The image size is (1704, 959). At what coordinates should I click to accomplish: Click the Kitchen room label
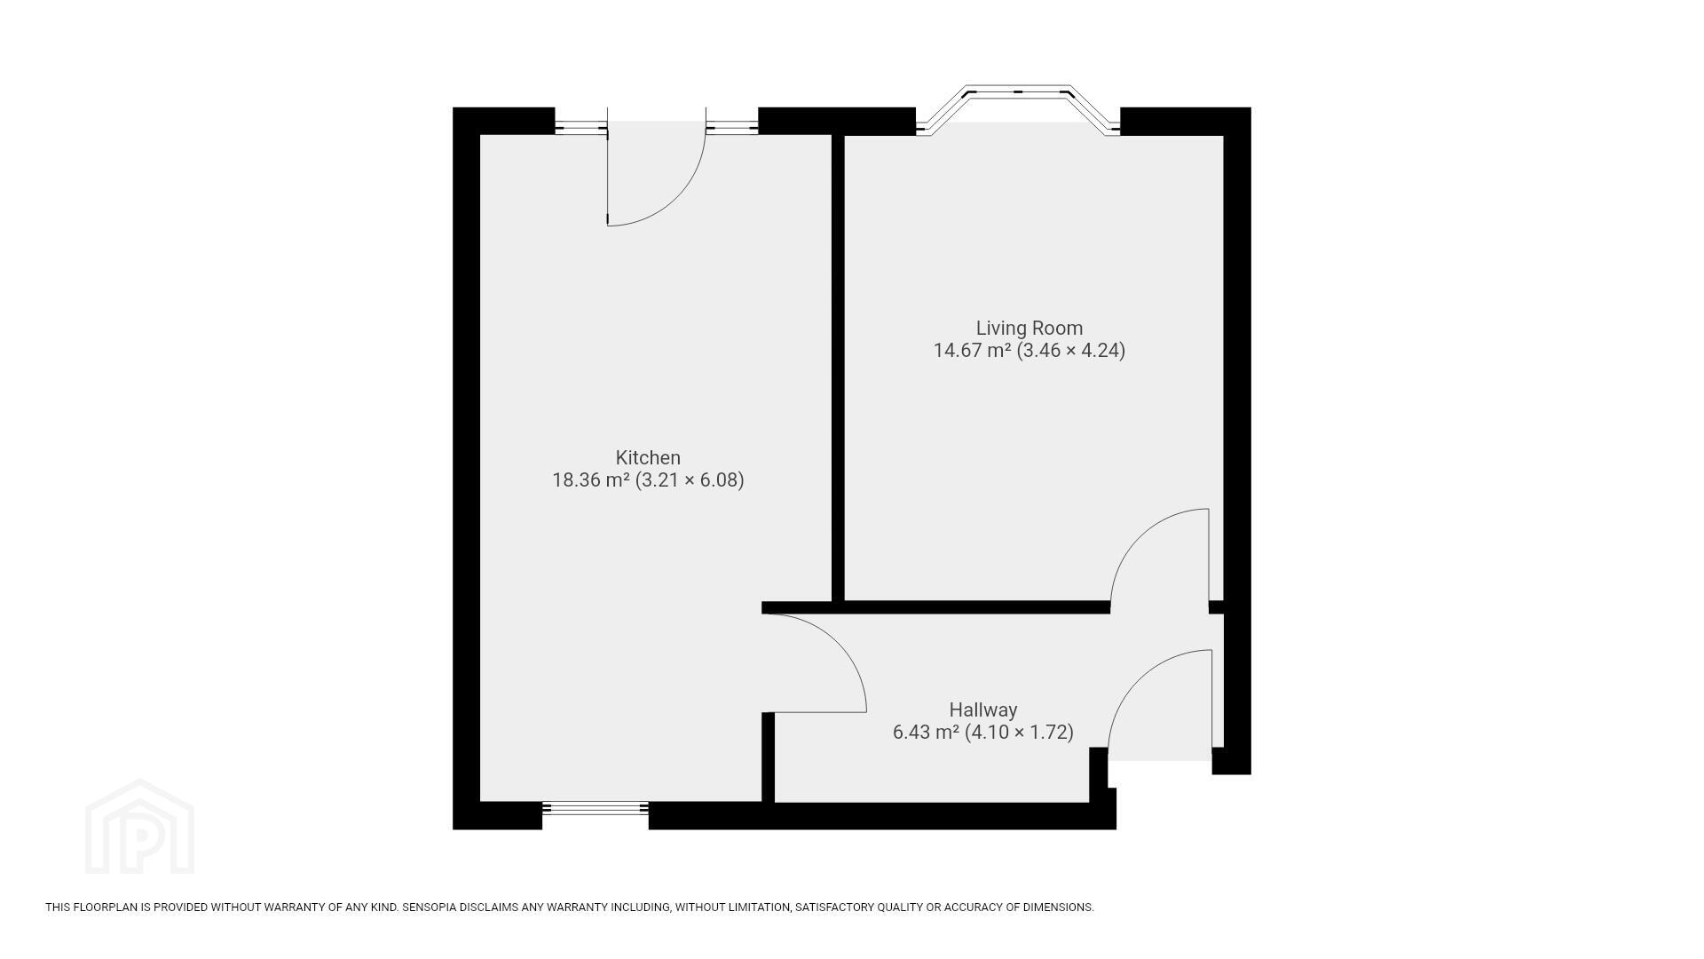coord(648,457)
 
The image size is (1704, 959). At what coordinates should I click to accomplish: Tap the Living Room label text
coord(1029,328)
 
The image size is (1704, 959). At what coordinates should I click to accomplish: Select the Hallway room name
coord(983,709)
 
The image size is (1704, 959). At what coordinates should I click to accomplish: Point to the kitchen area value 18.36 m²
coord(591,480)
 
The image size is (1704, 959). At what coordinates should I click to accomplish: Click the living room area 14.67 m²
coord(972,350)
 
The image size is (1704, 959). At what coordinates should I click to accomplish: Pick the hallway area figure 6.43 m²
coord(926,733)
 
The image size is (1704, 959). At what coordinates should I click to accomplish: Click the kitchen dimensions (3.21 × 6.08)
coord(690,480)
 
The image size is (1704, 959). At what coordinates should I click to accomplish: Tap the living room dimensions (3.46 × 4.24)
coord(1071,350)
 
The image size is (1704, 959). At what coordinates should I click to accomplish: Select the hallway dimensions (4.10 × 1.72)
coord(1019,733)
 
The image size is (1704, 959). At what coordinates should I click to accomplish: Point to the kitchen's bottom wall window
coord(596,808)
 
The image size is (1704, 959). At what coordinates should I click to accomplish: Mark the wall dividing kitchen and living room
coord(838,368)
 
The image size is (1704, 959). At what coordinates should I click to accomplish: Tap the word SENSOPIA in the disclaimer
coord(430,907)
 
